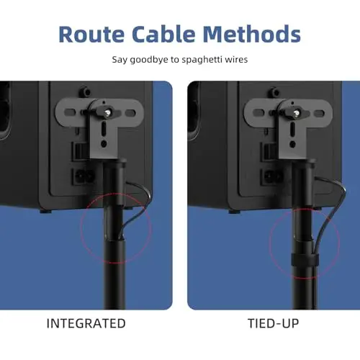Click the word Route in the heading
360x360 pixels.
[91, 34]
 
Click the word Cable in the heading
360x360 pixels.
[163, 34]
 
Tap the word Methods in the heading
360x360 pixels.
[252, 34]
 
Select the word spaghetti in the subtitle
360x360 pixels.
[202, 60]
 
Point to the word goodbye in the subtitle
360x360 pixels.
[149, 60]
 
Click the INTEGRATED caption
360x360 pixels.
[86, 323]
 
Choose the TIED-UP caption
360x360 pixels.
[273, 323]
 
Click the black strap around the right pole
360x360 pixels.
[305, 260]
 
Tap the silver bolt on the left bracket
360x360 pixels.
[108, 112]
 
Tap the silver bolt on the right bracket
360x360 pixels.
[297, 112]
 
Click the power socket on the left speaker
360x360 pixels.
[83, 177]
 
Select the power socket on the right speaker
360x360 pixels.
[271, 177]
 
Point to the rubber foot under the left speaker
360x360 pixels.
[45, 212]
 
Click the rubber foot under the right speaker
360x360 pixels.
[235, 212]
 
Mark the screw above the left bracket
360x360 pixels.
[86, 91]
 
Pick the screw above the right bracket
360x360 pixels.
[274, 92]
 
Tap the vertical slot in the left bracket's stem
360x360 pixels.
[104, 130]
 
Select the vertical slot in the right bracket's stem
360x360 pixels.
[292, 130]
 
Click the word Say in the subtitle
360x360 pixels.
[120, 60]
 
